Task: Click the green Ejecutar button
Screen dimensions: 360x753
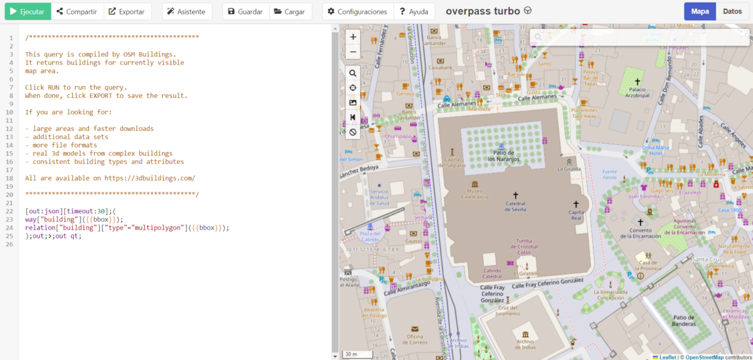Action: point(27,11)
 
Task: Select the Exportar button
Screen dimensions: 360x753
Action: point(127,11)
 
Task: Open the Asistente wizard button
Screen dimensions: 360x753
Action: point(187,11)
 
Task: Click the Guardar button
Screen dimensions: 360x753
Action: point(245,11)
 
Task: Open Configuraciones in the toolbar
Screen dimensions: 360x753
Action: point(357,11)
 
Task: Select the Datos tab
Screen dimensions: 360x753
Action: point(732,11)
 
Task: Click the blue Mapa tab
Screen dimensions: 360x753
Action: point(700,11)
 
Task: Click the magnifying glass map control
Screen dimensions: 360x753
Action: point(353,73)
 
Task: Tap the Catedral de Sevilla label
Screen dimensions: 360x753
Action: point(516,206)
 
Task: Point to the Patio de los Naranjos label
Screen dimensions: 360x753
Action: point(501,156)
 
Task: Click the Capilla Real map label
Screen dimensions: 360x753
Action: point(576,214)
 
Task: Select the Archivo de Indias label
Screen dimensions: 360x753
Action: point(525,344)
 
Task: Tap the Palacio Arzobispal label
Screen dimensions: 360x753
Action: point(638,93)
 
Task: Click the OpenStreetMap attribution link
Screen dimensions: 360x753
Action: point(703,357)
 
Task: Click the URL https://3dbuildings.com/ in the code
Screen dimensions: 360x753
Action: point(150,178)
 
